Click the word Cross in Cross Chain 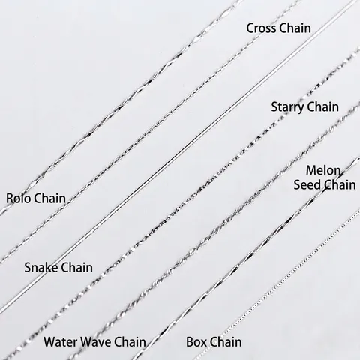261,28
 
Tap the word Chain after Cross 295,28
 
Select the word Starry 286,107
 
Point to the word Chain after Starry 322,106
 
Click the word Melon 323,171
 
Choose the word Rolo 19,199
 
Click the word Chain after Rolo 49,199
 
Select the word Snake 41,267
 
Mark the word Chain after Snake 76,267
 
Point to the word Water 61,342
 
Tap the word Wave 96,342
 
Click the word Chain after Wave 130,342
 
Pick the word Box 196,342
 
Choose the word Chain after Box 226,342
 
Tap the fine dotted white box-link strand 277,285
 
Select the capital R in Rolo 10,199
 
